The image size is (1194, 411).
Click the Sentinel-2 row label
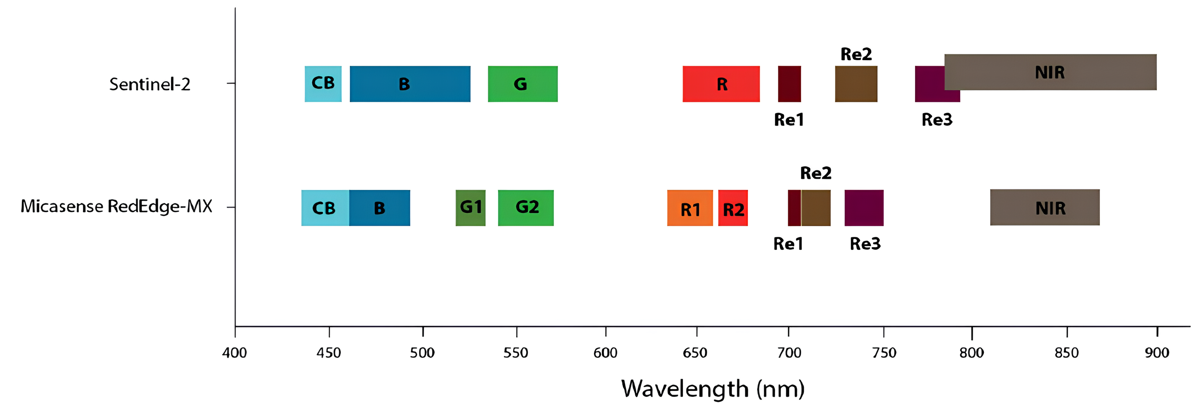click(149, 84)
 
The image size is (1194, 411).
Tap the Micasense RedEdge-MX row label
click(116, 206)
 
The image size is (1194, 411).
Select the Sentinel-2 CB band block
click(323, 83)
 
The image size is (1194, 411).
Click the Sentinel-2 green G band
click(522, 84)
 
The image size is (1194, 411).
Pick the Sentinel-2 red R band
click(721, 84)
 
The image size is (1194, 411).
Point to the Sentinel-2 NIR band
click(1050, 72)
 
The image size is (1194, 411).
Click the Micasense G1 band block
click(471, 207)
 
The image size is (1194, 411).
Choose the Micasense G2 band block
click(526, 207)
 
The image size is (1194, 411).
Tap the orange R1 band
click(690, 208)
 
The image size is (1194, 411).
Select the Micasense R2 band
click(733, 208)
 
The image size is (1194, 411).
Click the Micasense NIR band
click(1045, 207)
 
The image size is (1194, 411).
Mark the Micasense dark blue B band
click(380, 208)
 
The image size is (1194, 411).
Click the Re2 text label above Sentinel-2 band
click(856, 54)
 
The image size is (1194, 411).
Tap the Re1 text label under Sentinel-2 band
click(789, 120)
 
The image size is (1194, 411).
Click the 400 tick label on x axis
click(235, 353)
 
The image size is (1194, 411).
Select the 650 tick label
click(695, 353)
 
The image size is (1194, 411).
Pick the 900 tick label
click(1157, 353)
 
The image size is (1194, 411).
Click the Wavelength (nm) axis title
click(713, 389)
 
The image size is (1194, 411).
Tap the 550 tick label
click(516, 353)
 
